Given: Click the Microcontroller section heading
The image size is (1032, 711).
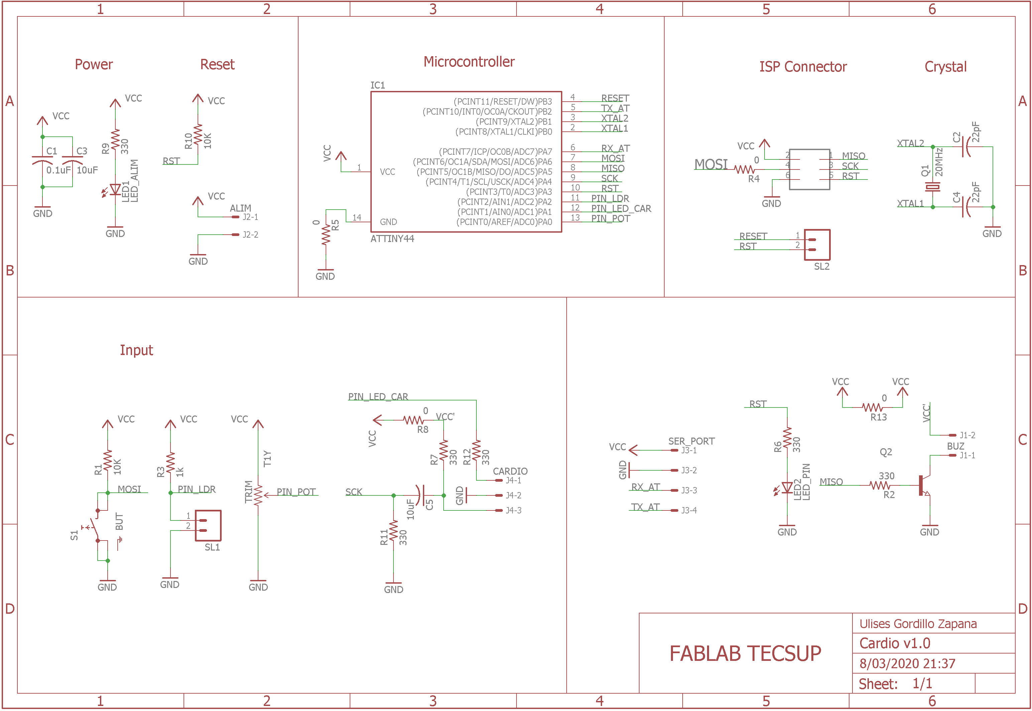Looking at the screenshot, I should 469,62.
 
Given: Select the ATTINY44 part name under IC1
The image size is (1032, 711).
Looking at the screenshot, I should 392,239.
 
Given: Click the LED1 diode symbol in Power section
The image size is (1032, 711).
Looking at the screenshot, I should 115,190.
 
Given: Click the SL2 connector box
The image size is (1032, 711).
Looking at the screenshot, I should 817,245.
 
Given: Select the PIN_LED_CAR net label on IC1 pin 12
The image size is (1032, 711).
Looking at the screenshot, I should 621,209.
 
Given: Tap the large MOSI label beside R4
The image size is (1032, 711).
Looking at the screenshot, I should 711,164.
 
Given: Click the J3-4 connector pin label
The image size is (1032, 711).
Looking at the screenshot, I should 689,510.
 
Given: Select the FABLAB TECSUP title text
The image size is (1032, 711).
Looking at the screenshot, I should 745,654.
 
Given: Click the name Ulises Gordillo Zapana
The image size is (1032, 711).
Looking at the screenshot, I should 918,624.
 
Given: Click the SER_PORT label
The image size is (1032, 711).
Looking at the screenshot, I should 691,441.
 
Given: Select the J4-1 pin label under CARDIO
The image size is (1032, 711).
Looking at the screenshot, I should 513,480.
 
